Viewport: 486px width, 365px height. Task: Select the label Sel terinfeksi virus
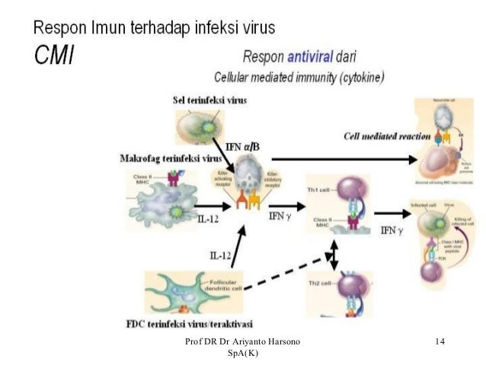click(x=209, y=100)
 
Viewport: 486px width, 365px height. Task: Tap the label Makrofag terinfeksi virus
click(x=171, y=158)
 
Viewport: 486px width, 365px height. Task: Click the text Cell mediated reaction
click(x=387, y=136)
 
